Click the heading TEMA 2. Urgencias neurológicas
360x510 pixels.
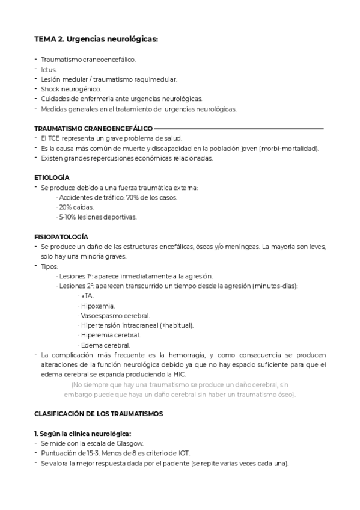(96, 40)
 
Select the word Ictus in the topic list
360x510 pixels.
(49, 69)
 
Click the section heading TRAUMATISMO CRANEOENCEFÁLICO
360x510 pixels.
(93, 128)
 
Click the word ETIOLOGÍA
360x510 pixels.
(52, 178)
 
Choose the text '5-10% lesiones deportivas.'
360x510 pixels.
(97, 217)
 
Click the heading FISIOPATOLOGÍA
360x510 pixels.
(61, 237)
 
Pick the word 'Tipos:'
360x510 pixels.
(50, 266)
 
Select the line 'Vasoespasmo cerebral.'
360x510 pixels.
(115, 315)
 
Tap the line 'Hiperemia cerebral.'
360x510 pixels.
(111, 335)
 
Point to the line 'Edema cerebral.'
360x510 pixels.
(105, 345)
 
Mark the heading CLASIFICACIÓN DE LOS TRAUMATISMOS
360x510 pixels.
(98, 414)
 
